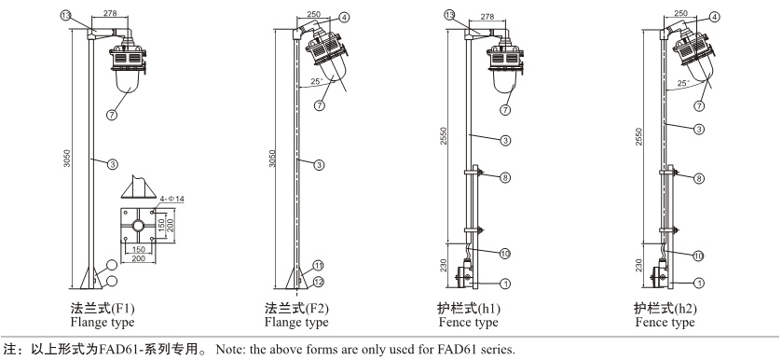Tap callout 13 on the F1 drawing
pos(66,16)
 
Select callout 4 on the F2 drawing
pos(344,17)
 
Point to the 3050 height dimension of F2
pos(272,158)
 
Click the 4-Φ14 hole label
pos(172,199)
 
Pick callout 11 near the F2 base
pos(318,265)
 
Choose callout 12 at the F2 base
pos(318,283)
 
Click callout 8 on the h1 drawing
pos(505,177)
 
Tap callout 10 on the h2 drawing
pos(698,256)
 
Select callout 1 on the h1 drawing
pos(505,284)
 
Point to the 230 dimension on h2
pos(638,266)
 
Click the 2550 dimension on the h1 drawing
pos(445,136)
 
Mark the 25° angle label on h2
pos(683,82)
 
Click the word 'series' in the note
pos(498,349)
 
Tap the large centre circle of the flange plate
pos(139,226)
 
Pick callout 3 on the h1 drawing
pos(505,141)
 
